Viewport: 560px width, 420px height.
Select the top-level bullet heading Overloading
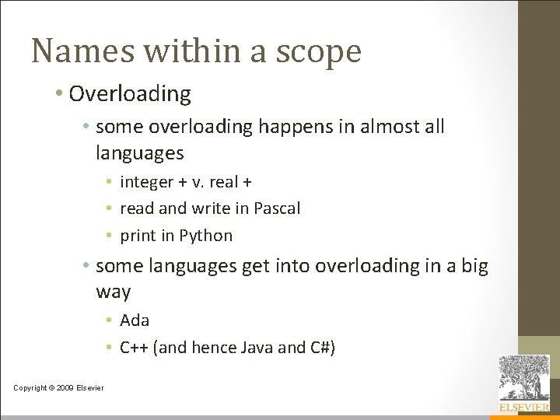click(x=130, y=94)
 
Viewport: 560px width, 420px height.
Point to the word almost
click(x=382, y=126)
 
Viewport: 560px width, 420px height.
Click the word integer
click(x=146, y=182)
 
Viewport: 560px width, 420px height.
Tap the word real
click(x=222, y=182)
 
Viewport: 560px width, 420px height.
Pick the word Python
click(x=206, y=236)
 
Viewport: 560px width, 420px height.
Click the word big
click(x=473, y=266)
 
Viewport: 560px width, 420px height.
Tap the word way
click(x=113, y=292)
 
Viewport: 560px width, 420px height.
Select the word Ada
click(x=135, y=320)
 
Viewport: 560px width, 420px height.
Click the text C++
click(x=135, y=348)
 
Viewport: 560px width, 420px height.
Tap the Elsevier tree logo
click(x=523, y=378)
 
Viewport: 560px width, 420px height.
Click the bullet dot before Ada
click(x=111, y=320)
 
